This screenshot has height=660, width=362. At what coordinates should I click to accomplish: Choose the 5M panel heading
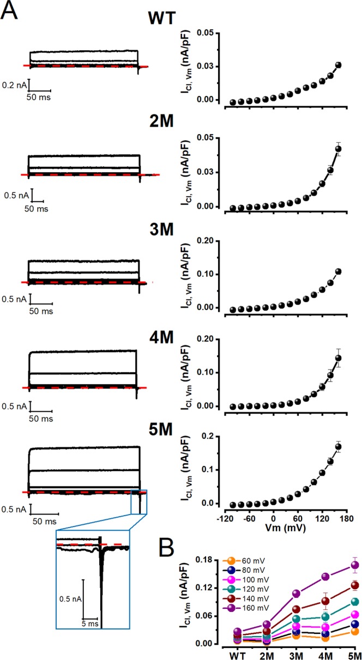tap(163, 430)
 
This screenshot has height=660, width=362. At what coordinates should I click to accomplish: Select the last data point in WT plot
tap(338, 65)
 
